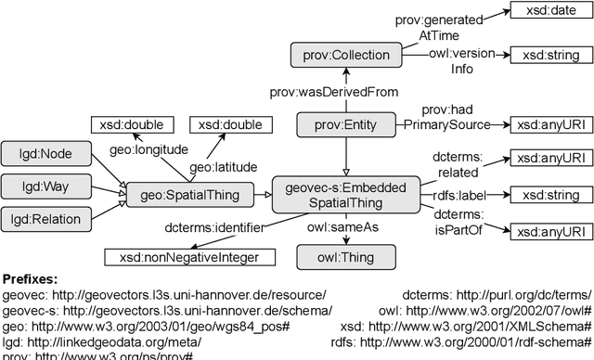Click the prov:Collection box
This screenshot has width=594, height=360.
coord(347,56)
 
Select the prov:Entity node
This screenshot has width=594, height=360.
coord(347,124)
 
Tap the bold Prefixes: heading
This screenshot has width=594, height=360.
coord(32,278)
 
